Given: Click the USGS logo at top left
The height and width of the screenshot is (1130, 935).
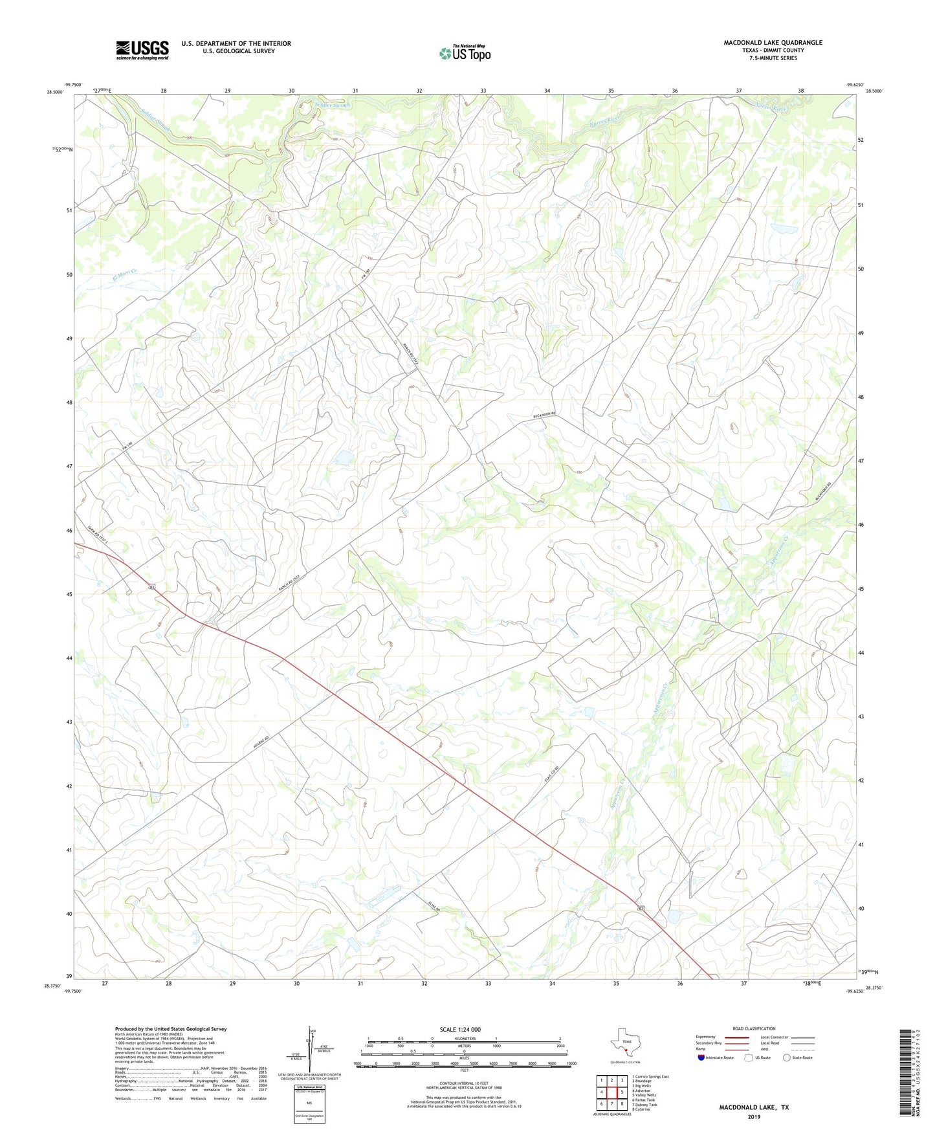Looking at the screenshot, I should (x=142, y=49).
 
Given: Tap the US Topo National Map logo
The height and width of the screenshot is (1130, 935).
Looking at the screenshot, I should (x=465, y=52).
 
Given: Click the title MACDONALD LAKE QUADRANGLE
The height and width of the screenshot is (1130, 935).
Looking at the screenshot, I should (x=773, y=43).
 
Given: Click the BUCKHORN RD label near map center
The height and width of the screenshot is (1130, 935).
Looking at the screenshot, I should (x=536, y=417).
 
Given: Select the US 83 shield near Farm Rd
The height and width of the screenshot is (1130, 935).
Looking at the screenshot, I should (x=151, y=586).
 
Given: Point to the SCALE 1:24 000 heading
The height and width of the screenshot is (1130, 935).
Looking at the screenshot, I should (x=460, y=1030).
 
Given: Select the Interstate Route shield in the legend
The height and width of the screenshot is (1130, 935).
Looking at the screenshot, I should (x=702, y=1058).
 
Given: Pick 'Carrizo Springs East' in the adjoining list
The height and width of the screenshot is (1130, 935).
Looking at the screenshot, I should (x=652, y=1077).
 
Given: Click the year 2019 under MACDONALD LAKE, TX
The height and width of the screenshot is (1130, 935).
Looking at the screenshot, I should (x=754, y=1116).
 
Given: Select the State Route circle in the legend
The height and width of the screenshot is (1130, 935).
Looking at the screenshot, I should (x=787, y=1058).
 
